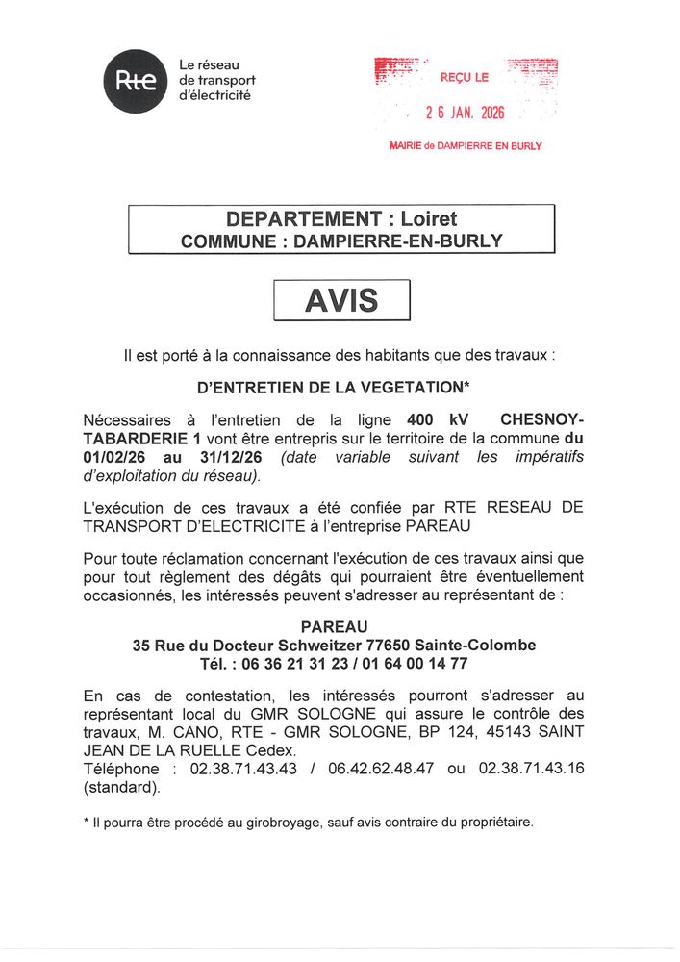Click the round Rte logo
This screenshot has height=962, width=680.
coord(136,80)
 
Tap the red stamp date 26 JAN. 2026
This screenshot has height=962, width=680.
coord(465,113)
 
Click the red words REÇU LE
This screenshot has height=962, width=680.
coord(465,76)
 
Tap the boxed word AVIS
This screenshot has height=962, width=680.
coord(341,301)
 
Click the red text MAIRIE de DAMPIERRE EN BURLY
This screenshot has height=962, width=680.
coord(466,146)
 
